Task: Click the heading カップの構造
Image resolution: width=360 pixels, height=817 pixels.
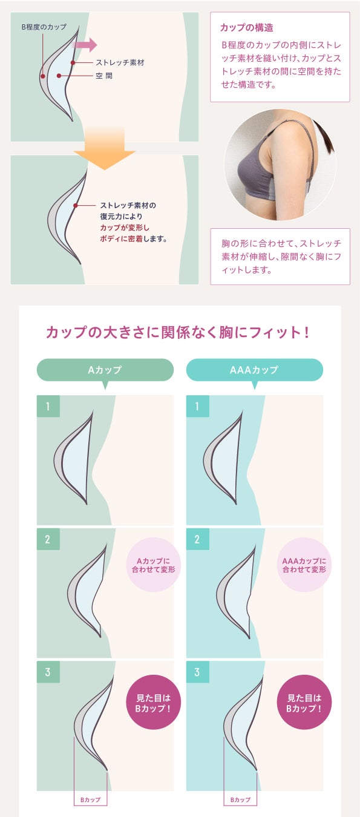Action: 247,28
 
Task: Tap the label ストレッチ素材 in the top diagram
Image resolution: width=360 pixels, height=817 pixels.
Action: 120,62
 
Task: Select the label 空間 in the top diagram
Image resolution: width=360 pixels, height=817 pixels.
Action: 104,76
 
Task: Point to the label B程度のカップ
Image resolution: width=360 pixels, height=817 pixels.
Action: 44,27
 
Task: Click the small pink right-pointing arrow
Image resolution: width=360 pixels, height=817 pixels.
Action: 85,45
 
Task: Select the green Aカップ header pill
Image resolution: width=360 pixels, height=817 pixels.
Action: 105,370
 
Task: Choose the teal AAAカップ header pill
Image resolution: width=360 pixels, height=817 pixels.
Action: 255,370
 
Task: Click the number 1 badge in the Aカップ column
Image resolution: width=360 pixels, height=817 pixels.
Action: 48,406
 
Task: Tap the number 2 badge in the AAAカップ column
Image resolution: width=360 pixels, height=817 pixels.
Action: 198,539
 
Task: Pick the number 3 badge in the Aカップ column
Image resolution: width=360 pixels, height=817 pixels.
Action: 48,672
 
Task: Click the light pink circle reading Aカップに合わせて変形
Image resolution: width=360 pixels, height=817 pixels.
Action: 153,565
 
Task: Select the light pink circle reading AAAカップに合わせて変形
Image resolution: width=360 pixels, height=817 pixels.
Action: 304,565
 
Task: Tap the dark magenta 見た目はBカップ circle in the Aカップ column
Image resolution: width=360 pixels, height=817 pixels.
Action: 153,704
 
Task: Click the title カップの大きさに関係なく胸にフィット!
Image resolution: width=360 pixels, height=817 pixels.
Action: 178,333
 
